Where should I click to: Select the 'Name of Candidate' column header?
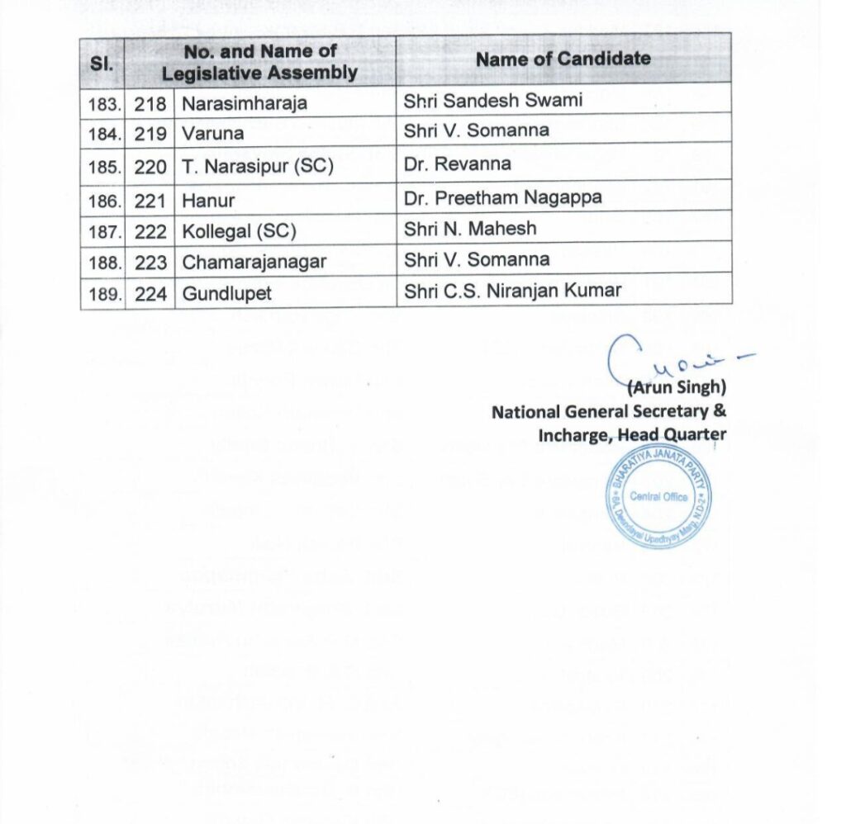563,59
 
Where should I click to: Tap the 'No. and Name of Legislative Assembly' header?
259,62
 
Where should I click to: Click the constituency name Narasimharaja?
245,103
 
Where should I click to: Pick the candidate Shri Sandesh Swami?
493,100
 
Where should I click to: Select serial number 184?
104,133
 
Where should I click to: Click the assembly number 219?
150,133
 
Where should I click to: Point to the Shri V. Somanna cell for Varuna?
477,130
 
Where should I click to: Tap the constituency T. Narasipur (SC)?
258,166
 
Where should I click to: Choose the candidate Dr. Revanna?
458,163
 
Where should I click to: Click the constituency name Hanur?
209,200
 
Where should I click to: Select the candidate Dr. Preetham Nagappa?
502,197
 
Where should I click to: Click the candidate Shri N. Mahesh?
470,229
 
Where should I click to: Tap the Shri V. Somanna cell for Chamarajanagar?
477,259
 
